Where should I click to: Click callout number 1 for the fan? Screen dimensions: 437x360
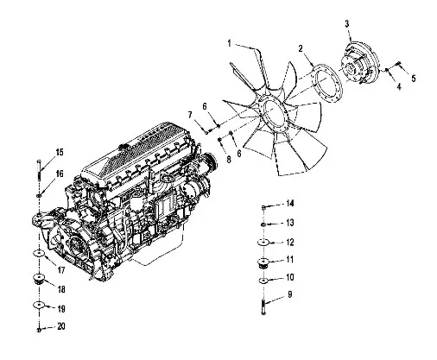pyautogui.click(x=230, y=44)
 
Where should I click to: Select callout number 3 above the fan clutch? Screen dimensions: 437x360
pyautogui.click(x=347, y=24)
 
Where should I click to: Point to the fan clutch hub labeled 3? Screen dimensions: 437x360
pyautogui.click(x=359, y=63)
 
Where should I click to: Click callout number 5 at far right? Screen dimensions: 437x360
pyautogui.click(x=414, y=79)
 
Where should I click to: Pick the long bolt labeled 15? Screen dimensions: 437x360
pyautogui.click(x=40, y=170)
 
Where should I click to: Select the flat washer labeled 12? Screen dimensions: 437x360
pyautogui.click(x=263, y=243)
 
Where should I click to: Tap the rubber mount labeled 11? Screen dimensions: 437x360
pyautogui.click(x=263, y=262)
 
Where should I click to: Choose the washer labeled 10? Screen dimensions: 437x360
pyautogui.click(x=263, y=281)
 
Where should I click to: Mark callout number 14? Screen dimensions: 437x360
pyautogui.click(x=290, y=204)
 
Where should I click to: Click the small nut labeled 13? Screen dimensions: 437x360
pyautogui.click(x=263, y=224)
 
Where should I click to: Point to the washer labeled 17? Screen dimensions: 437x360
pyautogui.click(x=39, y=254)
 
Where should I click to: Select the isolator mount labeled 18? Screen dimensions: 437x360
pyautogui.click(x=38, y=279)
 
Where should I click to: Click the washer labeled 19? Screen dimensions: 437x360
pyautogui.click(x=38, y=305)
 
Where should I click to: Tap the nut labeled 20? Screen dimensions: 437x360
pyautogui.click(x=39, y=329)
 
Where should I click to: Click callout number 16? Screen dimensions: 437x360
pyautogui.click(x=60, y=174)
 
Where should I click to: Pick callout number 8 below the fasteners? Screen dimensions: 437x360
pyautogui.click(x=229, y=160)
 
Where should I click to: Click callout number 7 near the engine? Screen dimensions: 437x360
pyautogui.click(x=190, y=115)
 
